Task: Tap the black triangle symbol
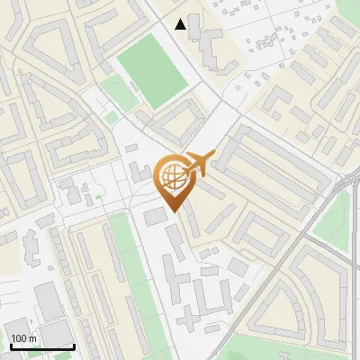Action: pyautogui.click(x=181, y=24)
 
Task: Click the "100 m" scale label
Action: pyautogui.click(x=23, y=338)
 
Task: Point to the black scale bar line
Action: pyautogui.click(x=41, y=346)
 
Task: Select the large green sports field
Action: pyautogui.click(x=151, y=70)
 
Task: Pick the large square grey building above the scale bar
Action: pyautogui.click(x=49, y=301)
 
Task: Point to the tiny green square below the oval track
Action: pyautogui.click(x=111, y=117)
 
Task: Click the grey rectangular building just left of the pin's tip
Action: pyautogui.click(x=156, y=216)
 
